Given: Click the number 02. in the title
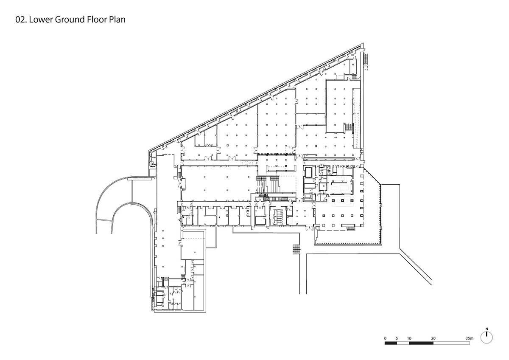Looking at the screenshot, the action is coord(21,20).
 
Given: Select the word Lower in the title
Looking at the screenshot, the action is coord(41,20).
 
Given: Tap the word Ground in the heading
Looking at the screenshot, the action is coord(70,20).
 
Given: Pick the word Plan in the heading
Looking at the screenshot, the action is coord(117,20).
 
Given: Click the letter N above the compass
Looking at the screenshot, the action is coord(487,329).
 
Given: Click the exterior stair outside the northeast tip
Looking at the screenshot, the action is coord(366,59).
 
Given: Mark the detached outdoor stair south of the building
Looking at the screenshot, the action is coord(296,249).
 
